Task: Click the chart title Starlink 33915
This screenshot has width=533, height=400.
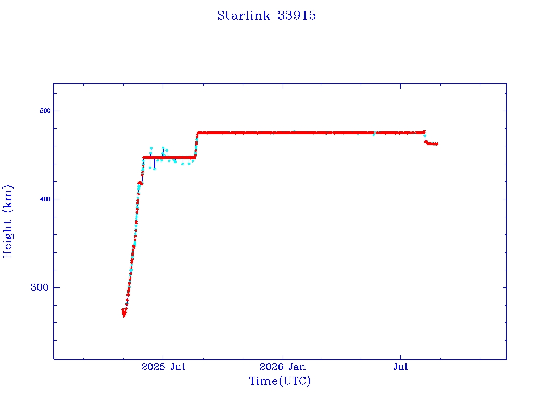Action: pos(266,16)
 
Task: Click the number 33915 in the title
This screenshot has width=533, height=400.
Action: pos(297,16)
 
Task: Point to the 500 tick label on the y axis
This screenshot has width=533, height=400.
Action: pos(45,111)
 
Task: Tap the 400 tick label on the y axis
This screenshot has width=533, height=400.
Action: pos(45,199)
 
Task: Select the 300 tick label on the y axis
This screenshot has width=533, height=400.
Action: pos(40,287)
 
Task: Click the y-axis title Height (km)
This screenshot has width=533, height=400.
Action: pos(7,221)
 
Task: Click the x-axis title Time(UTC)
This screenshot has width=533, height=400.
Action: pos(280,381)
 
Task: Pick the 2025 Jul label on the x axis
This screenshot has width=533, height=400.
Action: pos(163,367)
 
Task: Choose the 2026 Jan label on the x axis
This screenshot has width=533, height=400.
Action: pos(283,367)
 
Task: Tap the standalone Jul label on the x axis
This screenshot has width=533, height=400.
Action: pos(400,367)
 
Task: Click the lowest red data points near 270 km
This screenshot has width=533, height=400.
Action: pos(124,312)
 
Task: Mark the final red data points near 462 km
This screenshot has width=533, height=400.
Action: pos(433,144)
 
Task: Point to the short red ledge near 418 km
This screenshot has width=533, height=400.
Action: pos(140,183)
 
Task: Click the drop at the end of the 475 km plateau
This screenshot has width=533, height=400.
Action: pos(425,137)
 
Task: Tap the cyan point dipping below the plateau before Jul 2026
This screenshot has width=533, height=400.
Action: pos(374,135)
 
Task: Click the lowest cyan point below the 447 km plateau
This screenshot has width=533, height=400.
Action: pos(155,169)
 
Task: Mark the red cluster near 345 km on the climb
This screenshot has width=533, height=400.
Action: pos(134,247)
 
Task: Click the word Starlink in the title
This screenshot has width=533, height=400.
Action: pos(244,16)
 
